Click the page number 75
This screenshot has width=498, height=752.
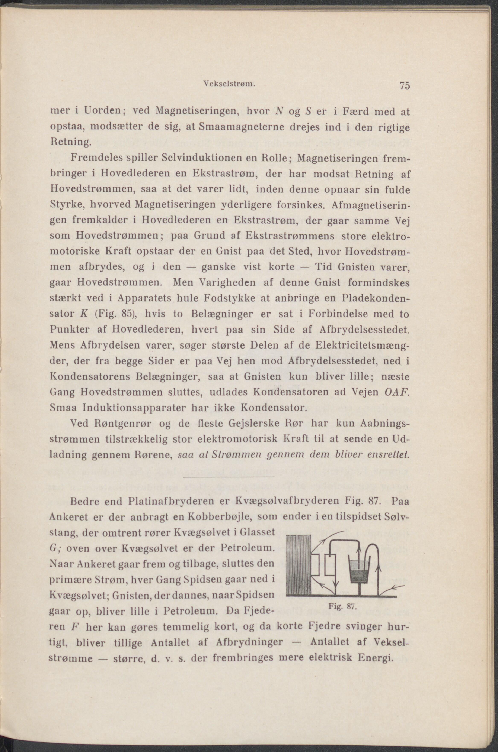[405, 86]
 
